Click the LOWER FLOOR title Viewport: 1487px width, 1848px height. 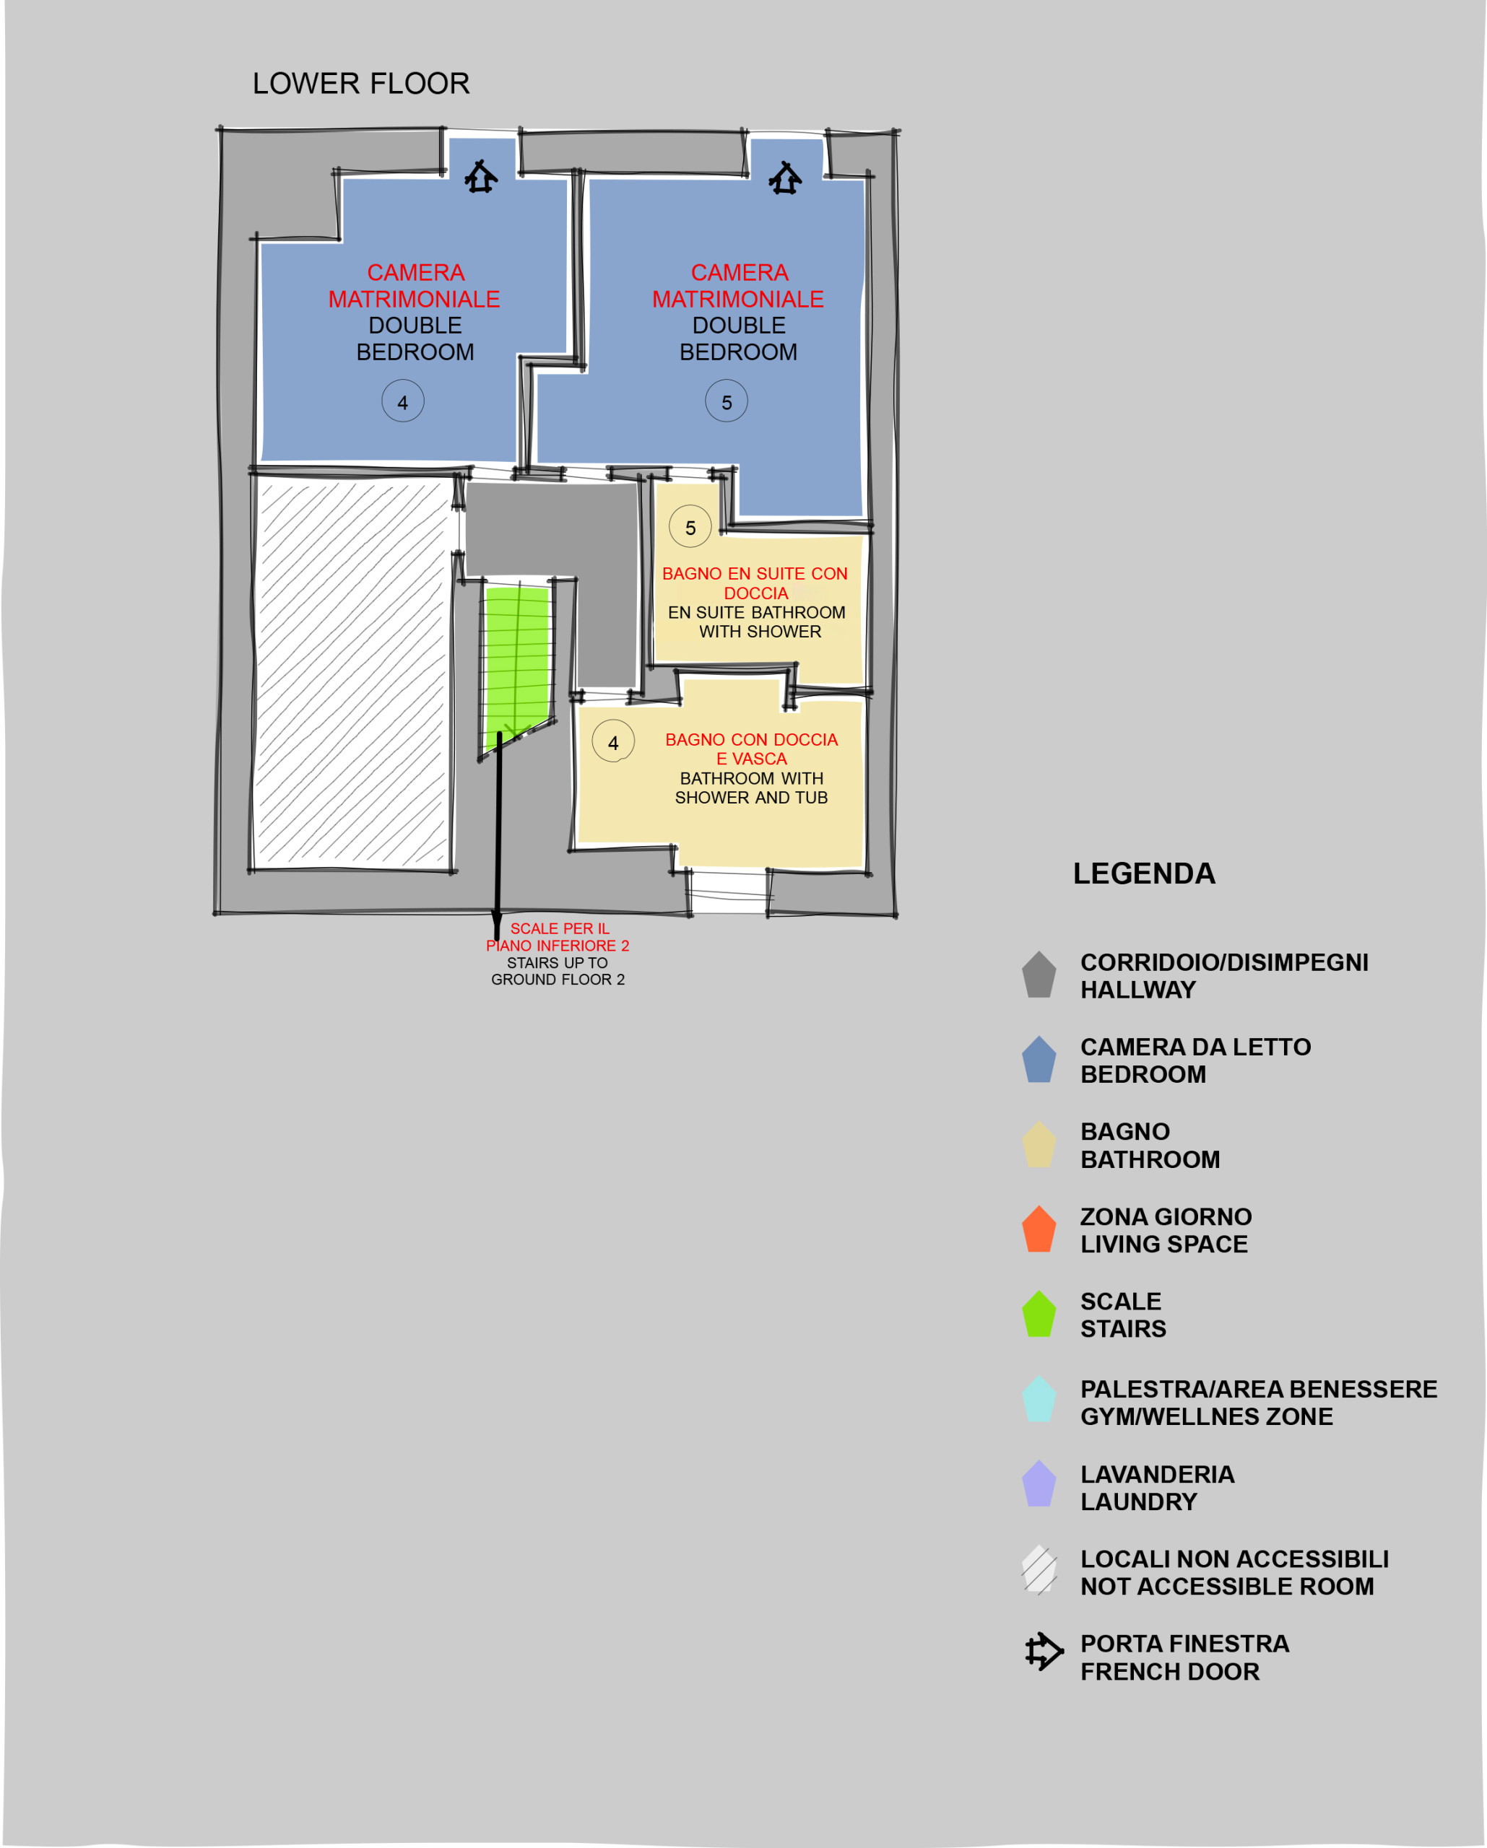tap(361, 83)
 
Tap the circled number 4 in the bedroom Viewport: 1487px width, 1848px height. tap(403, 401)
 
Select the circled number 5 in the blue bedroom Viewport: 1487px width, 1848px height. tap(727, 401)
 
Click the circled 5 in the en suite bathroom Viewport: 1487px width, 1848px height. tap(690, 526)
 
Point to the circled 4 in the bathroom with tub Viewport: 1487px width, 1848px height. tap(613, 741)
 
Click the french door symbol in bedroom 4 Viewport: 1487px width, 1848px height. tap(481, 177)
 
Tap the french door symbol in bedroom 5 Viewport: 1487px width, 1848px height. tap(786, 178)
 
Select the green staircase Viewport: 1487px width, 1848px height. tap(516, 664)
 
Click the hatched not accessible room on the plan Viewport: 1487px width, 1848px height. tap(352, 673)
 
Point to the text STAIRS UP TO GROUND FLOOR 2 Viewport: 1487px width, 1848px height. tap(558, 971)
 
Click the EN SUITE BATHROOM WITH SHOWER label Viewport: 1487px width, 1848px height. tap(757, 622)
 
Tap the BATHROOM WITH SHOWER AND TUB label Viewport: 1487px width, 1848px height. tap(752, 788)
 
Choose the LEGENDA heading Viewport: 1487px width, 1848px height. tap(1144, 873)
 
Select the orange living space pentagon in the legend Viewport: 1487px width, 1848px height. tap(1039, 1229)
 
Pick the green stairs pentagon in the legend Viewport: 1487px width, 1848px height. tap(1039, 1313)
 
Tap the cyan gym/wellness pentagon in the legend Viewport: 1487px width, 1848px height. tap(1039, 1399)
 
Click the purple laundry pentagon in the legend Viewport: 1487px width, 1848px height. tap(1039, 1483)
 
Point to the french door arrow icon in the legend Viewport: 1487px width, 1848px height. tap(1044, 1652)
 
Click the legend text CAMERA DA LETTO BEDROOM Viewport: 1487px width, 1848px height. tap(1195, 1060)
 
